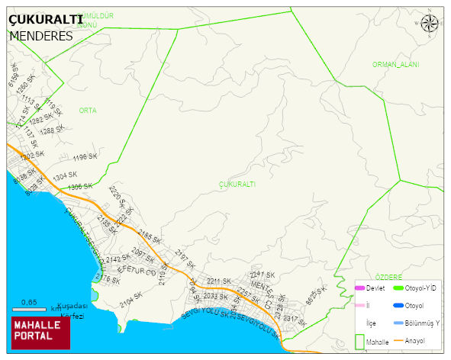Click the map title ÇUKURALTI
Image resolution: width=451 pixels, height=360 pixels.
point(45,21)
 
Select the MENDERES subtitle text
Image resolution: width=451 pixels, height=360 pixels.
point(41,36)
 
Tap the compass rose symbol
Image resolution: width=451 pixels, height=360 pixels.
point(430,24)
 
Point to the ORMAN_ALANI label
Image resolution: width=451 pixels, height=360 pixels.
point(395,65)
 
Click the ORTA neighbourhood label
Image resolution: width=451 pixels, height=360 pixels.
point(88,111)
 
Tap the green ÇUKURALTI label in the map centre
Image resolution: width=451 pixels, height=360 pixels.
point(237,185)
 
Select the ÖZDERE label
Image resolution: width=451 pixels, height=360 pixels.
point(388,277)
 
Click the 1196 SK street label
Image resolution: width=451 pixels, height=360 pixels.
point(85,157)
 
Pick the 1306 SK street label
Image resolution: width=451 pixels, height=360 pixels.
point(79,186)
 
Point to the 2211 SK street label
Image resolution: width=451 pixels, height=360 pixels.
point(218,281)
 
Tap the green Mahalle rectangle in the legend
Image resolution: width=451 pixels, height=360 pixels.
point(359,341)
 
